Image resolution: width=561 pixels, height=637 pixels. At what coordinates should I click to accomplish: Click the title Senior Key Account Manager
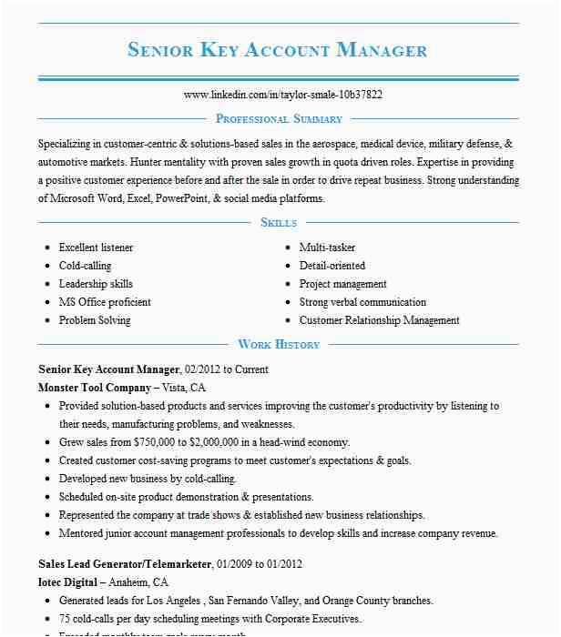(278, 49)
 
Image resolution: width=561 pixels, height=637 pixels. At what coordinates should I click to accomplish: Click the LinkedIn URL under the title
(282, 95)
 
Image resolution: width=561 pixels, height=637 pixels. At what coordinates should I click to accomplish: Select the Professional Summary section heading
(279, 118)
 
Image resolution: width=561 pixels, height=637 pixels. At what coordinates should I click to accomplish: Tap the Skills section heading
(278, 222)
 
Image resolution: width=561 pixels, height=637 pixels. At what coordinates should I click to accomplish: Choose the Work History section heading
(279, 344)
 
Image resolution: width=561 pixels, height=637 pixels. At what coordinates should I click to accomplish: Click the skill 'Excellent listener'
(96, 248)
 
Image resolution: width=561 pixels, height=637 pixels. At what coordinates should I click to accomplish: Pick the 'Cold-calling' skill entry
(85, 266)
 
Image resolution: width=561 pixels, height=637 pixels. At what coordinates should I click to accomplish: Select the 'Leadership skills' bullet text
(96, 284)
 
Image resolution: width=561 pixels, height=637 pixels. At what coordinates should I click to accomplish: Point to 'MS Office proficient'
(105, 302)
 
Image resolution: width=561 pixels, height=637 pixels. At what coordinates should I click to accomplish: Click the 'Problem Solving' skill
(95, 320)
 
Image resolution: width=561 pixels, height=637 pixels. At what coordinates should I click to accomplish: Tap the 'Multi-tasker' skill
(327, 248)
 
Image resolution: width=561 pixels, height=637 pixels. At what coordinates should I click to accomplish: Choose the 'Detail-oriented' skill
(332, 266)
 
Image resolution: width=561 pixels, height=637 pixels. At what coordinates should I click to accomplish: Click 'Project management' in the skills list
(342, 284)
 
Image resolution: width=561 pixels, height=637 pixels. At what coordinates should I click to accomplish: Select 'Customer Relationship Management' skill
(379, 320)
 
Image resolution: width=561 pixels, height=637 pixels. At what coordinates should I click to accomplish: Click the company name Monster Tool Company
(95, 388)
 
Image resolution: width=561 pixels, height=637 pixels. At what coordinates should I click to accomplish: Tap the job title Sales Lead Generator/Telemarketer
(125, 564)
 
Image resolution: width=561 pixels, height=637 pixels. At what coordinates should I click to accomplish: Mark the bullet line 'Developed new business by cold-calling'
(148, 479)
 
